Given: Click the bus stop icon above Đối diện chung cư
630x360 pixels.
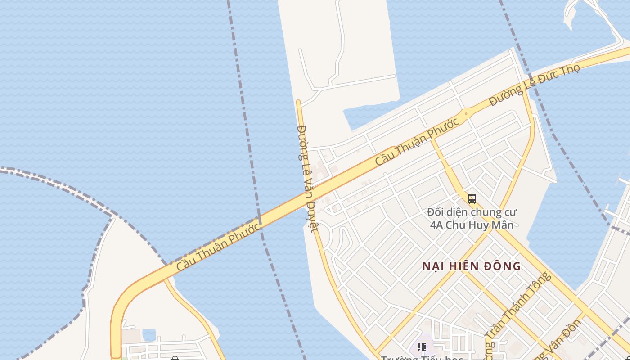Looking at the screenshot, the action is (472, 198).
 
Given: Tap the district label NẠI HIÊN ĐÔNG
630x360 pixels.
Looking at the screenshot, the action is (471, 266).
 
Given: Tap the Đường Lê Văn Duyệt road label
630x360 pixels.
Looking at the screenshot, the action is (308, 178).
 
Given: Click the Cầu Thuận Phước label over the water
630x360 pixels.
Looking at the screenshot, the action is (218, 247).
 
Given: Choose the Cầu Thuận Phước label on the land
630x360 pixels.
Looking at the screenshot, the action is (417, 141).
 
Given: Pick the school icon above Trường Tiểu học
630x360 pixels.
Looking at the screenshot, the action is (421, 346).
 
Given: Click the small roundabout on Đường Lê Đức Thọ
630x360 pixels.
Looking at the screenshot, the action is (466, 113).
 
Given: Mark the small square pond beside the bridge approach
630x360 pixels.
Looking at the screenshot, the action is (149, 335).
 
